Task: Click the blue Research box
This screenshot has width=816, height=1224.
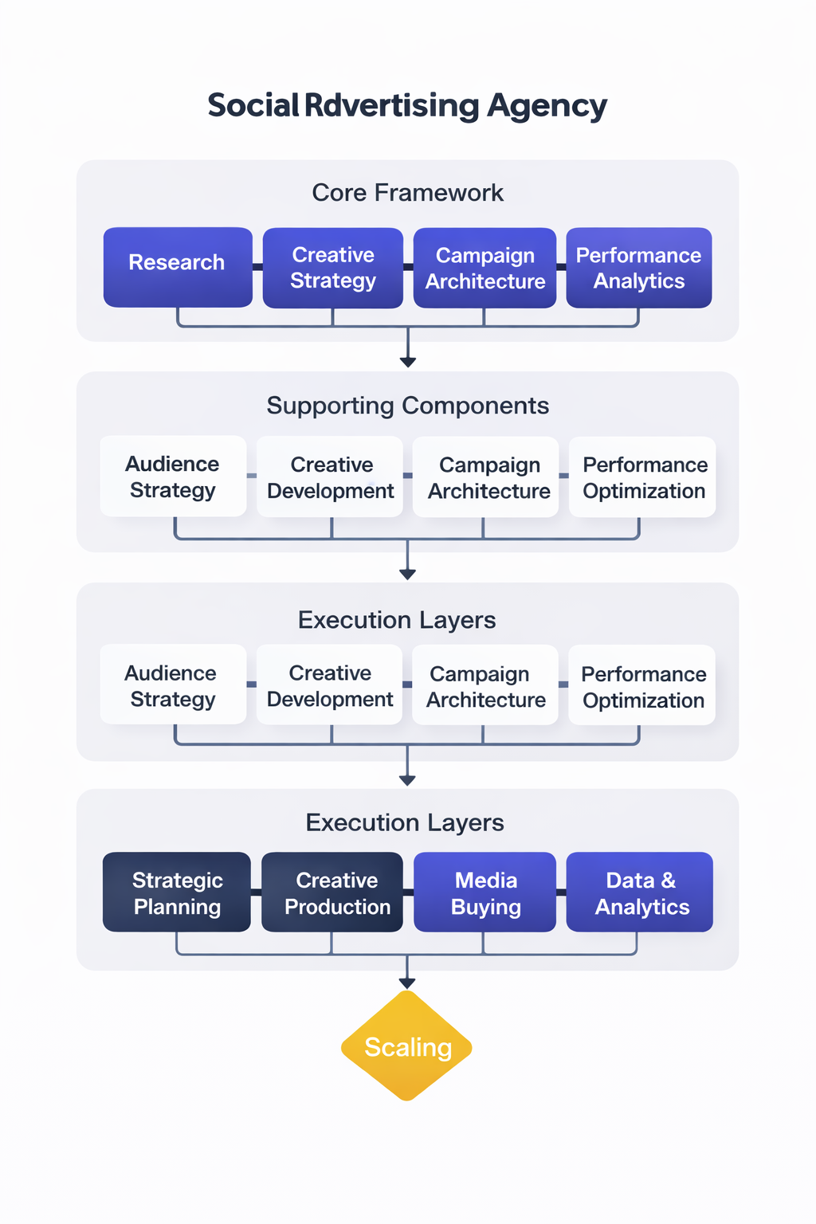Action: [x=178, y=267]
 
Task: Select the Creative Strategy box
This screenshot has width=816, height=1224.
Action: [x=332, y=268]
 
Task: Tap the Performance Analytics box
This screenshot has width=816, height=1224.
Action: [x=638, y=268]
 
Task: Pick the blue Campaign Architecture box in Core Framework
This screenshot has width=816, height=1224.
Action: [x=484, y=268]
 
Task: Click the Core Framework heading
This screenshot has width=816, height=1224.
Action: [x=407, y=193]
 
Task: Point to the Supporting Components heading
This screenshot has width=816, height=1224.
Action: [x=407, y=406]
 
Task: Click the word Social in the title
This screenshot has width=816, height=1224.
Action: [x=253, y=105]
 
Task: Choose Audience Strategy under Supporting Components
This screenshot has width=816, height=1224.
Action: [x=173, y=477]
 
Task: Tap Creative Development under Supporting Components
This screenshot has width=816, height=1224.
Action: [x=330, y=477]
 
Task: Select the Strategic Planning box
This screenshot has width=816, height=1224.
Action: [x=177, y=892]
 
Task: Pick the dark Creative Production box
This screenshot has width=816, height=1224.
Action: [x=332, y=892]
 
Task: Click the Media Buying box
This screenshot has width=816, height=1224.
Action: [x=484, y=892]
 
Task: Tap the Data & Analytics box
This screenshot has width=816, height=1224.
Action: [x=639, y=892]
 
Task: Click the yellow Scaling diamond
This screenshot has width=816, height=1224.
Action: [x=407, y=1046]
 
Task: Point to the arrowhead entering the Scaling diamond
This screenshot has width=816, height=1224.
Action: [x=407, y=984]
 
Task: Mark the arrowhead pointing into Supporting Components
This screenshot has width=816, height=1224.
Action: [x=407, y=362]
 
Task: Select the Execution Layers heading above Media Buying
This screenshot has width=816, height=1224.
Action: [x=405, y=822]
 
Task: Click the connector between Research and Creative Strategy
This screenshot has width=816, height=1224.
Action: [x=257, y=267]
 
